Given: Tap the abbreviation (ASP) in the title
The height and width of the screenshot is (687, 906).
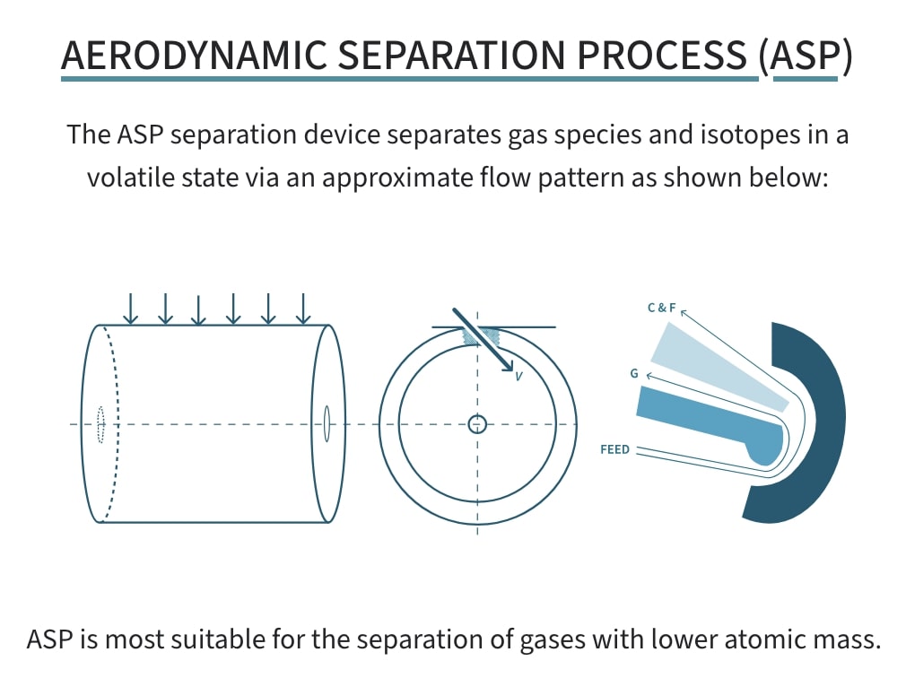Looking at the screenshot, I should pos(805,56).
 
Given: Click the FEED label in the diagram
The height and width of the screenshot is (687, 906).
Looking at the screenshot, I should pos(614,449).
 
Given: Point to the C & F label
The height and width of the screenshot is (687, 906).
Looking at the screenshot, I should pos(661,308).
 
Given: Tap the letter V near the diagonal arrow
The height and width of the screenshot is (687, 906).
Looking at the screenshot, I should pos(518,378).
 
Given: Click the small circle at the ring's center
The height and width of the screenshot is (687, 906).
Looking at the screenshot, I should pos(477,423).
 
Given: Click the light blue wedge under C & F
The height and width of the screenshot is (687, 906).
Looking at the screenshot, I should pos(718,368).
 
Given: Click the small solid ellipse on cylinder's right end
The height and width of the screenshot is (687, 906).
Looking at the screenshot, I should pos(327,423).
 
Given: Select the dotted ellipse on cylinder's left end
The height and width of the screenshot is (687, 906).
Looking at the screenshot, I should pos(100,423).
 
